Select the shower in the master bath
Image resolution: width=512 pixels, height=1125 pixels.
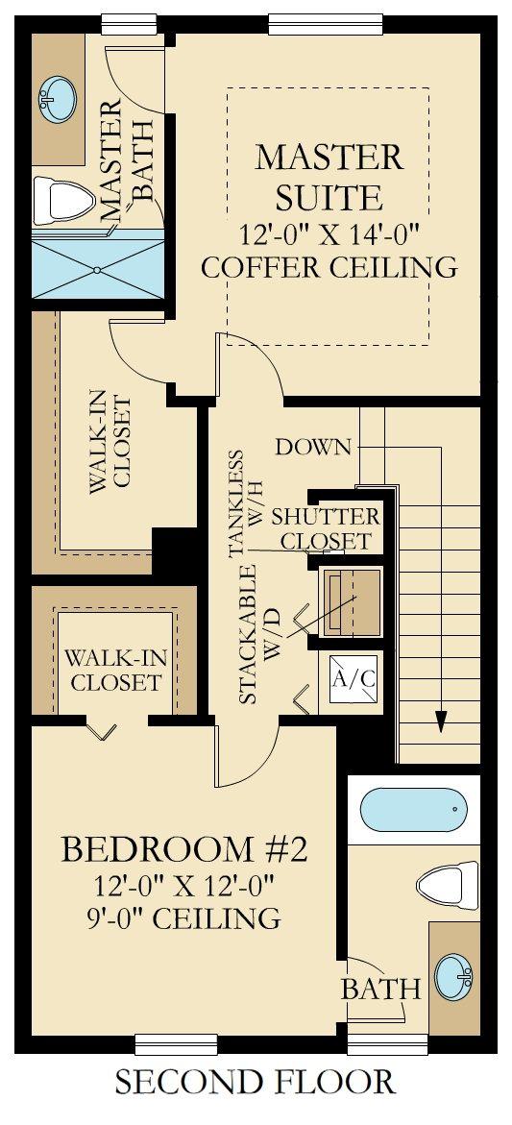click(98, 270)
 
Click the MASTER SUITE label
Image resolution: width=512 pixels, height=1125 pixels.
click(329, 177)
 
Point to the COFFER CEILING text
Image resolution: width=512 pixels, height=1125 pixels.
click(329, 267)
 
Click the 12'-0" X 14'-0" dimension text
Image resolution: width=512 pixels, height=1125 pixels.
click(329, 233)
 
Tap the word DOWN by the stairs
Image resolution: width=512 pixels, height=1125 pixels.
click(314, 447)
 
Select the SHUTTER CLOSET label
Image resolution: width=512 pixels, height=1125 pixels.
click(327, 528)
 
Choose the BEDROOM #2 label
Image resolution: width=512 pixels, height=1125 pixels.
click(184, 850)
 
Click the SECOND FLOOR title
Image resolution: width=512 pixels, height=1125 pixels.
click(255, 1082)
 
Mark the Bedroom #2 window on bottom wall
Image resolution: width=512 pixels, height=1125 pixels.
click(177, 1044)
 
